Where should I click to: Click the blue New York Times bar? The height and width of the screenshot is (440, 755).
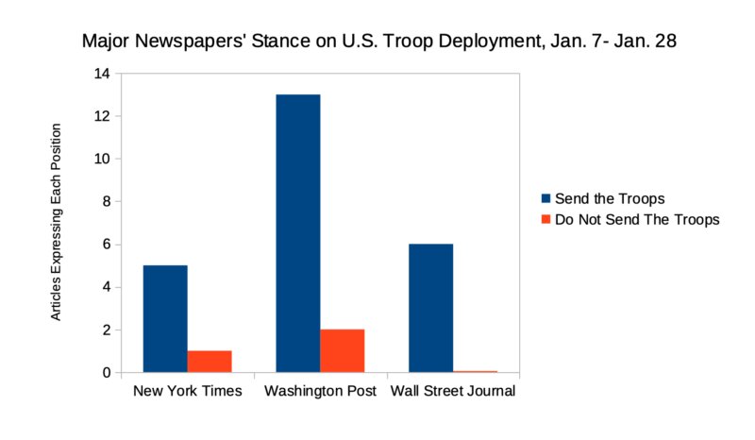(x=165, y=319)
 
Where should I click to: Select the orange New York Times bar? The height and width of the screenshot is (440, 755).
(x=210, y=362)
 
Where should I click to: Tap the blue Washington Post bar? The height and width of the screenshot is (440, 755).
(x=298, y=233)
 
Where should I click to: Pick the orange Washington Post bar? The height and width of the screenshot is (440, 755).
(x=343, y=351)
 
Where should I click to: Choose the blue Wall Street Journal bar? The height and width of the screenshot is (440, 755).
(x=431, y=308)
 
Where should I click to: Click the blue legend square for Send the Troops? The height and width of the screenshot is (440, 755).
(x=546, y=198)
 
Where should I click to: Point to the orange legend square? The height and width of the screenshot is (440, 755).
(x=546, y=219)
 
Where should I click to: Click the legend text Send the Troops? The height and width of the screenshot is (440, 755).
(x=611, y=198)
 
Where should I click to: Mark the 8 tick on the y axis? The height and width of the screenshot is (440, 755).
(x=105, y=202)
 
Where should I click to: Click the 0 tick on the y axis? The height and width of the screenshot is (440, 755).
(x=105, y=373)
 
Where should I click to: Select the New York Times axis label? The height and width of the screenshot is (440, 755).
(x=188, y=391)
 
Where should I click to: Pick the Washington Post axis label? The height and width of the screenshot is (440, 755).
(x=321, y=391)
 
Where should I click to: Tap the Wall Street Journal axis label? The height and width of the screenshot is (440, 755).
(x=453, y=391)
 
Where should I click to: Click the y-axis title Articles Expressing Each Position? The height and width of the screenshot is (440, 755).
(x=57, y=222)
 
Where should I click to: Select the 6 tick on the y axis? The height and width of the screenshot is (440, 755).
(x=105, y=245)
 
